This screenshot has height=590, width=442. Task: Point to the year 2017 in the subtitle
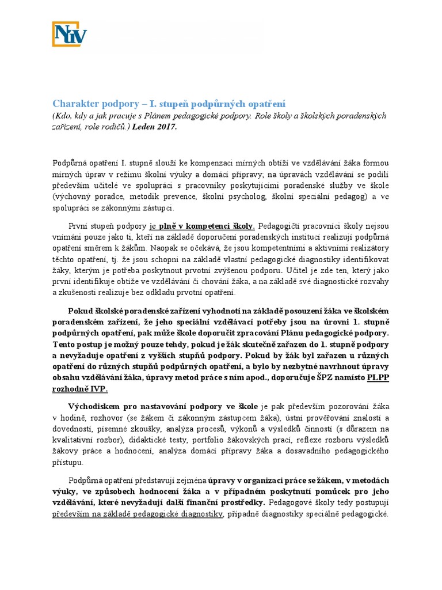(x=166, y=127)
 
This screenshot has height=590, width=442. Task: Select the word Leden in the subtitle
(x=143, y=127)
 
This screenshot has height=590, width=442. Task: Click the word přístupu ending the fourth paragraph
(x=68, y=462)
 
